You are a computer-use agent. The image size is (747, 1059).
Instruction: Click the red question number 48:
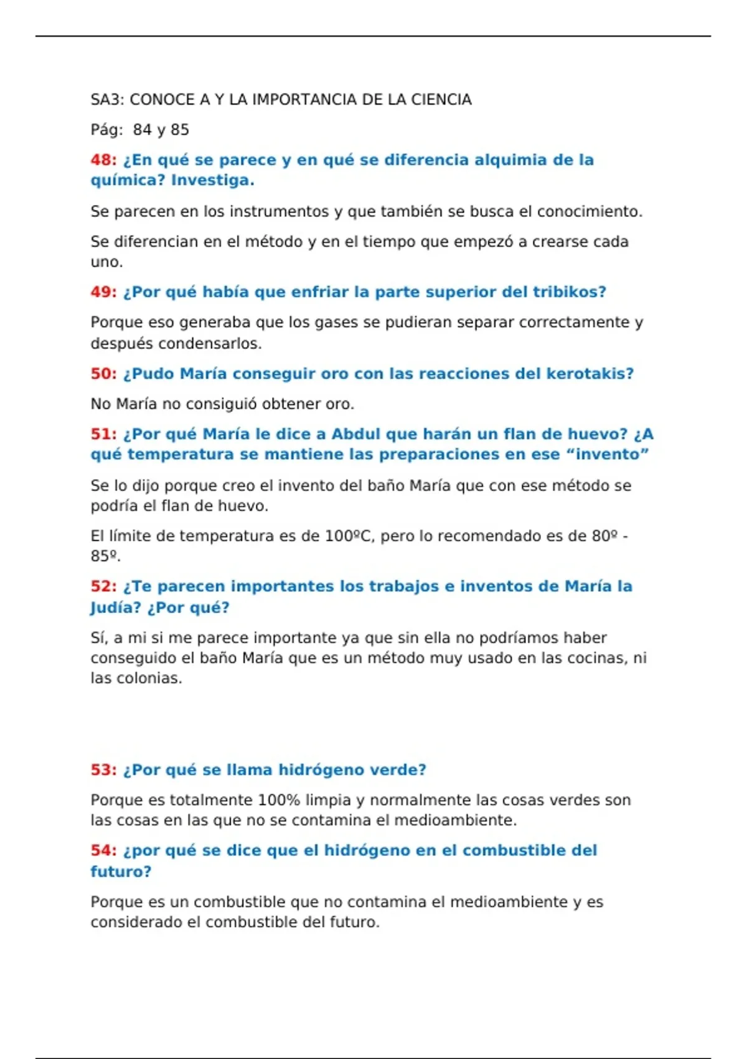103,160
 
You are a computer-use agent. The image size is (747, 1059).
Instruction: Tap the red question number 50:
103,374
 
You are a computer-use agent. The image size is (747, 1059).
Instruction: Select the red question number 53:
103,770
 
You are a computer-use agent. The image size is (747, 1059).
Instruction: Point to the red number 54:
103,851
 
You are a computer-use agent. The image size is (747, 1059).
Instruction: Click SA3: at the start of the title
108,100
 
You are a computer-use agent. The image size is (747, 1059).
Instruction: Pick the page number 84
142,130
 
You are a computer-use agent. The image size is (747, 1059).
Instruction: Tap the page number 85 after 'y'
180,130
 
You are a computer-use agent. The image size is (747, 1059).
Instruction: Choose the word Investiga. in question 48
212,181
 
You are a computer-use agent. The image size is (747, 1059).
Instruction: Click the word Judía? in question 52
116,607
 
